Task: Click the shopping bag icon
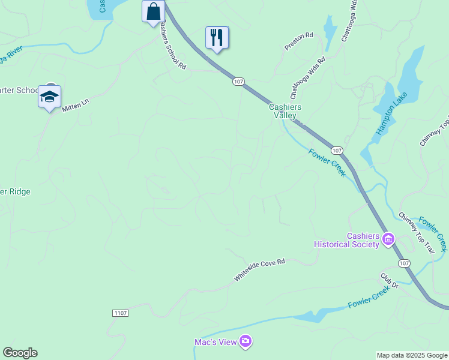154,11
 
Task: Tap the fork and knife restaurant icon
217,37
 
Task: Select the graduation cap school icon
49,97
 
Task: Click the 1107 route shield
120,313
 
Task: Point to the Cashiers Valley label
285,111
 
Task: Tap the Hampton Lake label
391,114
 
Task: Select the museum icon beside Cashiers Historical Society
388,240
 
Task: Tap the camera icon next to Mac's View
246,342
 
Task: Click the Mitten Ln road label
76,106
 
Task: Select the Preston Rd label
299,41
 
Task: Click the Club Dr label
389,281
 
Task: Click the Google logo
20,353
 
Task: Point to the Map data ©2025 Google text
412,355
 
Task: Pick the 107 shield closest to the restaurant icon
238,82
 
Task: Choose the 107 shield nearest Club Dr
404,263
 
